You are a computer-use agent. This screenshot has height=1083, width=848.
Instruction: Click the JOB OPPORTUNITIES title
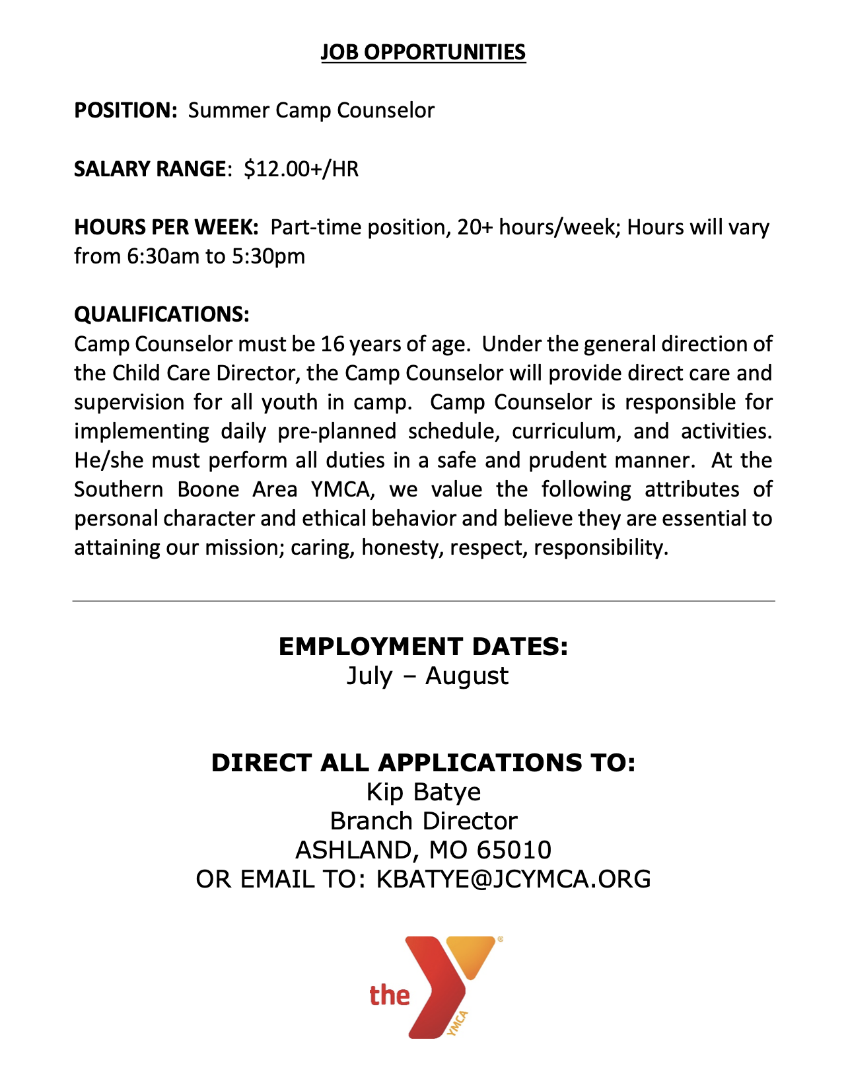click(x=423, y=52)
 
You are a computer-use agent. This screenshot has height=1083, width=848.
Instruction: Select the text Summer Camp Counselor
click(x=311, y=110)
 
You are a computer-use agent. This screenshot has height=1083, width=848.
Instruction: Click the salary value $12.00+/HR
click(x=301, y=169)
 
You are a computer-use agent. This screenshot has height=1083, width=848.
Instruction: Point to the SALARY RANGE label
click(x=150, y=169)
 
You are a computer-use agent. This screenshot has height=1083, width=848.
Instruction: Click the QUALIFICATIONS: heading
click(x=162, y=314)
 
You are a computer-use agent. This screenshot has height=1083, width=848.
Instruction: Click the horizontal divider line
click(x=423, y=601)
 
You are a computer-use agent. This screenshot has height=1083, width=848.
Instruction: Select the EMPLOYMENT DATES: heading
click(x=423, y=646)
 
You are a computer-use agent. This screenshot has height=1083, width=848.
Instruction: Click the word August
click(x=467, y=676)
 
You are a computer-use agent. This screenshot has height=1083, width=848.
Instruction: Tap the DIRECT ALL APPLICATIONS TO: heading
click(x=423, y=763)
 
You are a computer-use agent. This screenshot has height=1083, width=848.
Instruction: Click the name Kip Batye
click(x=423, y=792)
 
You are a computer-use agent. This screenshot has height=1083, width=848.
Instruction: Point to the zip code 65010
click(x=514, y=850)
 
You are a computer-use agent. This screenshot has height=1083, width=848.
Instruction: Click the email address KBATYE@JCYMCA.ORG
click(x=513, y=879)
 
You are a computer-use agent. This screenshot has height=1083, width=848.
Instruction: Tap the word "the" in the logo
click(x=390, y=995)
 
